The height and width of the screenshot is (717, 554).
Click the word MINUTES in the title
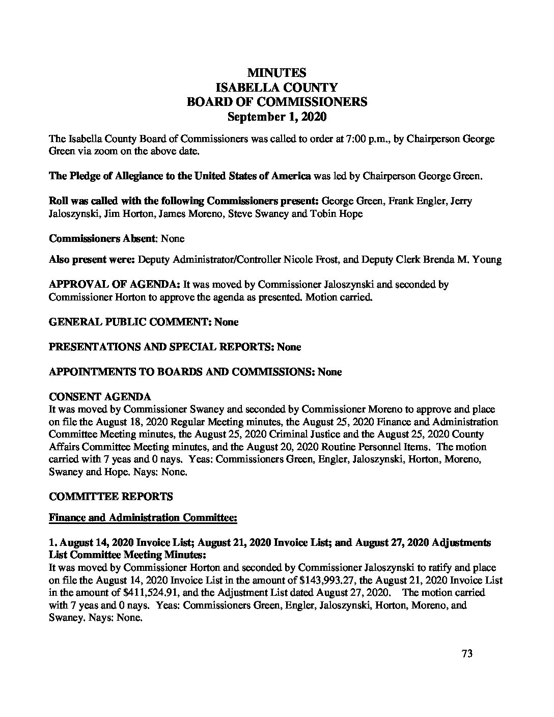point(277,73)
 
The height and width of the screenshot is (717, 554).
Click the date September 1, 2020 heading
point(277,117)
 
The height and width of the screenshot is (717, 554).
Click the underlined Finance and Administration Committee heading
point(143,518)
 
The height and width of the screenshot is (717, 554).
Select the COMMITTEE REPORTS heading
point(110,496)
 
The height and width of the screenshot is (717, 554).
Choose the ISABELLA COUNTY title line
point(277,88)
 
